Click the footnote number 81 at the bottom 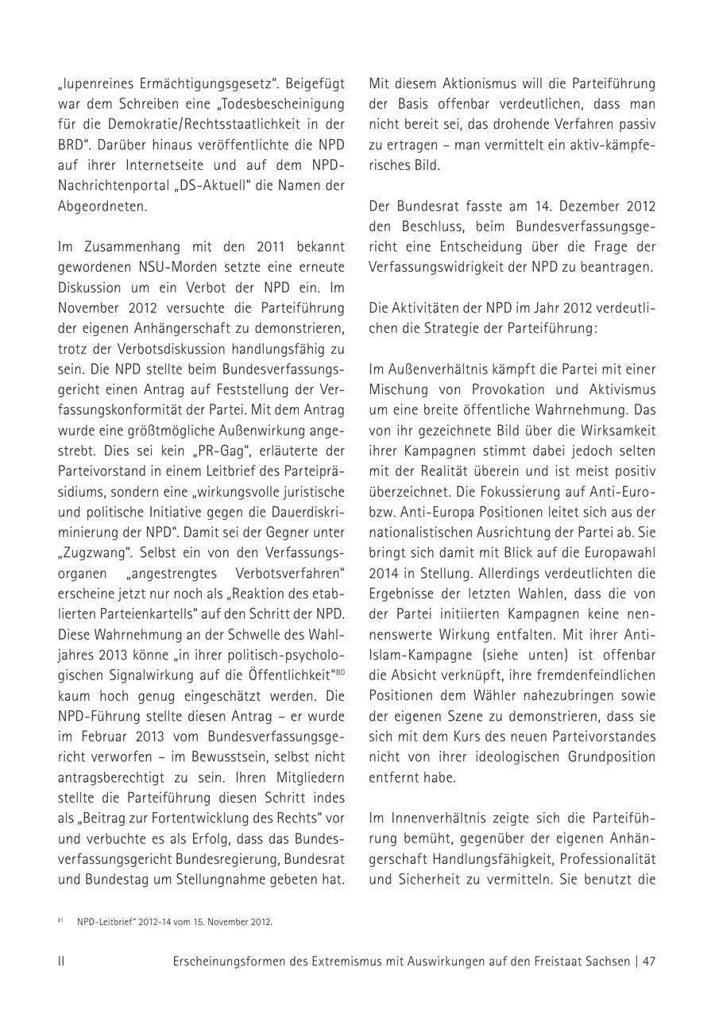60,922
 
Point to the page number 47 649,961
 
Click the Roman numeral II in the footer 61,961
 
